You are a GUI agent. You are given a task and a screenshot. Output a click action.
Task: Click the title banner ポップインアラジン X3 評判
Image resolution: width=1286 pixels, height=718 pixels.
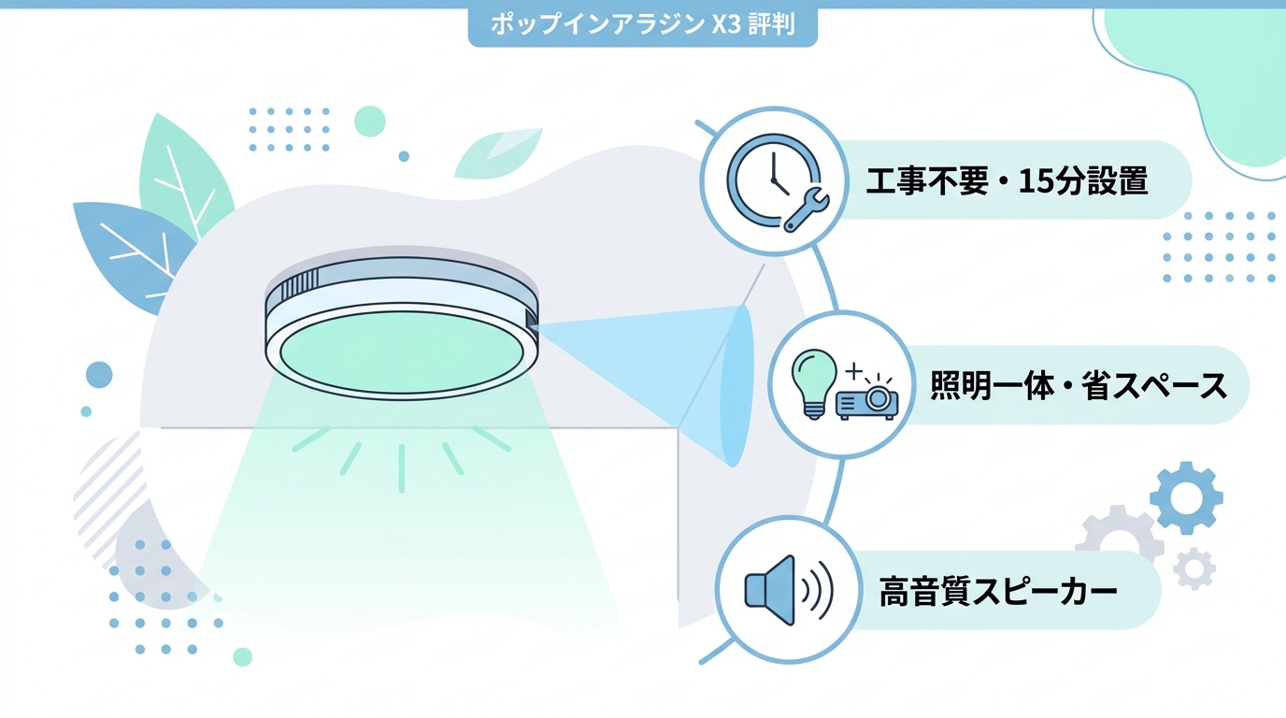[x=642, y=24]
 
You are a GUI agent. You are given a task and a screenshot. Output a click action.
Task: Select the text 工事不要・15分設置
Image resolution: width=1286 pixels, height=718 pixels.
[x=1007, y=181]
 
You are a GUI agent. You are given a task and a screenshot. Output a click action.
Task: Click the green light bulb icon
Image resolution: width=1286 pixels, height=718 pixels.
[x=813, y=383]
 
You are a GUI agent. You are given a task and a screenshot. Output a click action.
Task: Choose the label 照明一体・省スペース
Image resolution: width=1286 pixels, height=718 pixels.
[x=1079, y=385]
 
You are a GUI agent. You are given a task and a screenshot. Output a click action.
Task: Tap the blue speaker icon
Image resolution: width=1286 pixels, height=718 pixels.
[x=788, y=590]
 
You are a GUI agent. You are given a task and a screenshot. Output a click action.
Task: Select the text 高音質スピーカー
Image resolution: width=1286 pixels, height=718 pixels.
[x=998, y=592]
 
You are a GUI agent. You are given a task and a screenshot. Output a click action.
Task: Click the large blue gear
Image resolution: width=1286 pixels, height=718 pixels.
[x=1186, y=498]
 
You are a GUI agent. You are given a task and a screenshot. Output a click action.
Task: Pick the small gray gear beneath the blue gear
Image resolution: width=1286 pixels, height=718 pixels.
[x=1194, y=568]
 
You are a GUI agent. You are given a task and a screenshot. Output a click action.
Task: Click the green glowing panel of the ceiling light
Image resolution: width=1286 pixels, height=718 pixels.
[x=401, y=353]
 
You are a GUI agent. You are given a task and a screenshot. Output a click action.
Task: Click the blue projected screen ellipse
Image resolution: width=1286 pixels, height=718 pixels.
[x=736, y=385]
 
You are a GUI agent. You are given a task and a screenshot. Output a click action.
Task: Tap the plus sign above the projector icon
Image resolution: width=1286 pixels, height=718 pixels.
[x=854, y=371]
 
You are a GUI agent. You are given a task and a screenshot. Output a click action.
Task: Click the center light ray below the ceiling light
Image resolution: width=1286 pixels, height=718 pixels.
[x=402, y=468]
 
